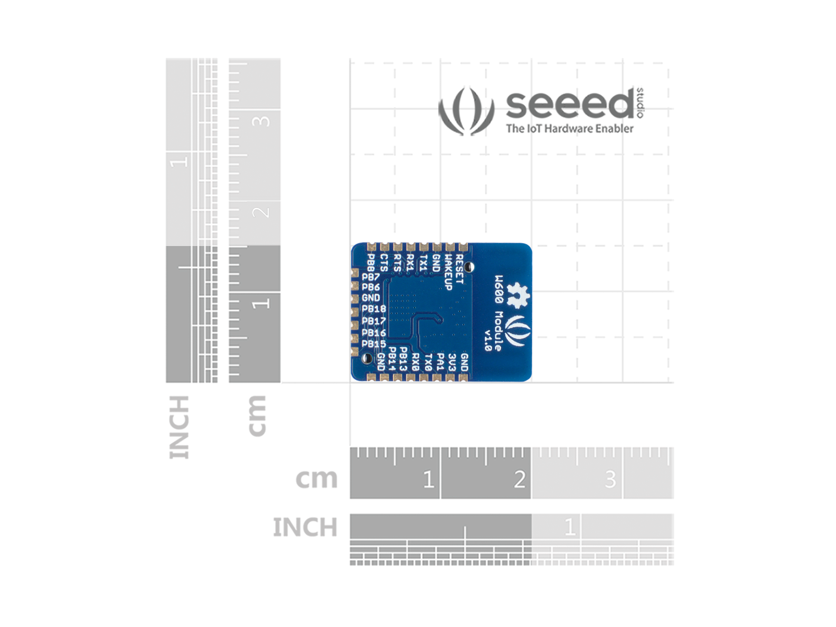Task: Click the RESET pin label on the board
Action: coord(459,268)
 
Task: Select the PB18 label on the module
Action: coord(374,309)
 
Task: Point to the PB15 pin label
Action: coord(374,344)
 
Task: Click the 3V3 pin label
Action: coord(452,362)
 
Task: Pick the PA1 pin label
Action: coord(440,362)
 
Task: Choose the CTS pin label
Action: coord(384,263)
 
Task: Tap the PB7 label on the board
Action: coord(371,277)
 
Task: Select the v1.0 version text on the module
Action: coord(488,339)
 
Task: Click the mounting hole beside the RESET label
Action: coord(469,267)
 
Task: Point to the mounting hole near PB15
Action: coord(368,359)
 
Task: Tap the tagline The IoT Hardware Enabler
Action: coord(570,128)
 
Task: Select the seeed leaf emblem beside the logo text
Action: coord(466,111)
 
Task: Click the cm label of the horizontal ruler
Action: coord(316,478)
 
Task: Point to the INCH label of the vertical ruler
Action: coord(179,427)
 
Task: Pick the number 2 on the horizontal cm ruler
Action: coord(520,479)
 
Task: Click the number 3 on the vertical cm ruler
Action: coord(261,121)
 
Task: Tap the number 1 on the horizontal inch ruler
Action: coord(570,527)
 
